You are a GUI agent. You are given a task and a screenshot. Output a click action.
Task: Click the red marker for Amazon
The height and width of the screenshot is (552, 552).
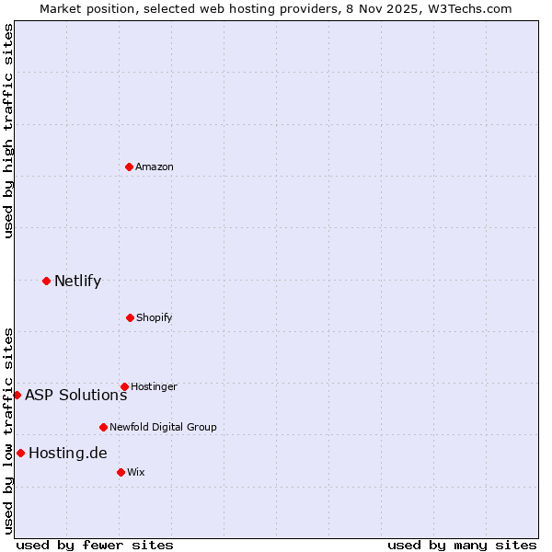pos(129,167)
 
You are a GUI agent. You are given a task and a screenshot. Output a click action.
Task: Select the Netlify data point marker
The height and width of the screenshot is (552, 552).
pos(46,281)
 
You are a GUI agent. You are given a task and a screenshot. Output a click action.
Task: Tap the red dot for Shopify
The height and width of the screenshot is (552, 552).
pos(130,317)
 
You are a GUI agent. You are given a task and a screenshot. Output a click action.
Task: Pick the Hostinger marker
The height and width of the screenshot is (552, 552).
pos(124,386)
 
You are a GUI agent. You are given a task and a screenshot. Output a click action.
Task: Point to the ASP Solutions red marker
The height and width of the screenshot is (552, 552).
pos(17,395)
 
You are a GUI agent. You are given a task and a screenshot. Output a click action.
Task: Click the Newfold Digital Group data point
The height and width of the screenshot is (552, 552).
pos(103,427)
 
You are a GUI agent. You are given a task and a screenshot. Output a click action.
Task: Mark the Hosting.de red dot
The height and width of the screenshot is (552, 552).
pos(20,453)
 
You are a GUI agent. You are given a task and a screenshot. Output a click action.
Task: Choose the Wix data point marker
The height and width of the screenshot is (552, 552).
pos(121,472)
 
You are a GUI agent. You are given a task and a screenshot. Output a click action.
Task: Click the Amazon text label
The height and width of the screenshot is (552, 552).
pos(155,167)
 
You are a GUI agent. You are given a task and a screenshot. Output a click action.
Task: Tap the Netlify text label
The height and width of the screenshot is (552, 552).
pos(77,281)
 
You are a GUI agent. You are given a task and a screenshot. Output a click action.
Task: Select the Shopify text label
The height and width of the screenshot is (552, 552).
pos(155,317)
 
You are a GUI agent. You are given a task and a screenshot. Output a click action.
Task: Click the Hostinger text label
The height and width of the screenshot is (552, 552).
pos(154,386)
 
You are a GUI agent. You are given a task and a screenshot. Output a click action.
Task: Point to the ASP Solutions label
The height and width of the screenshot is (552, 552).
pos(75,395)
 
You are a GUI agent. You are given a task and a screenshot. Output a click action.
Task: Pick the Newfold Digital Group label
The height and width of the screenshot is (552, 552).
pos(163,427)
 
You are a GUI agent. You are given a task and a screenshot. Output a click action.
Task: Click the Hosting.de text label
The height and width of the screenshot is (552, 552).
pos(68,453)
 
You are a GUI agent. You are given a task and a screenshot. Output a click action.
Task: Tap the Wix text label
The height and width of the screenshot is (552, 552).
pos(136,472)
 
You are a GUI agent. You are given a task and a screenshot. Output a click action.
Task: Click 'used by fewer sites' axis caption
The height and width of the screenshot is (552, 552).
pos(95,545)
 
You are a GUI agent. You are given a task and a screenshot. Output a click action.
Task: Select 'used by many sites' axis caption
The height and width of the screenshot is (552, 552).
pos(462,545)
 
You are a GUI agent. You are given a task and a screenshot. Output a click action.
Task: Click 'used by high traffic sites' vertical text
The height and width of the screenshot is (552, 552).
pos(8,131)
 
